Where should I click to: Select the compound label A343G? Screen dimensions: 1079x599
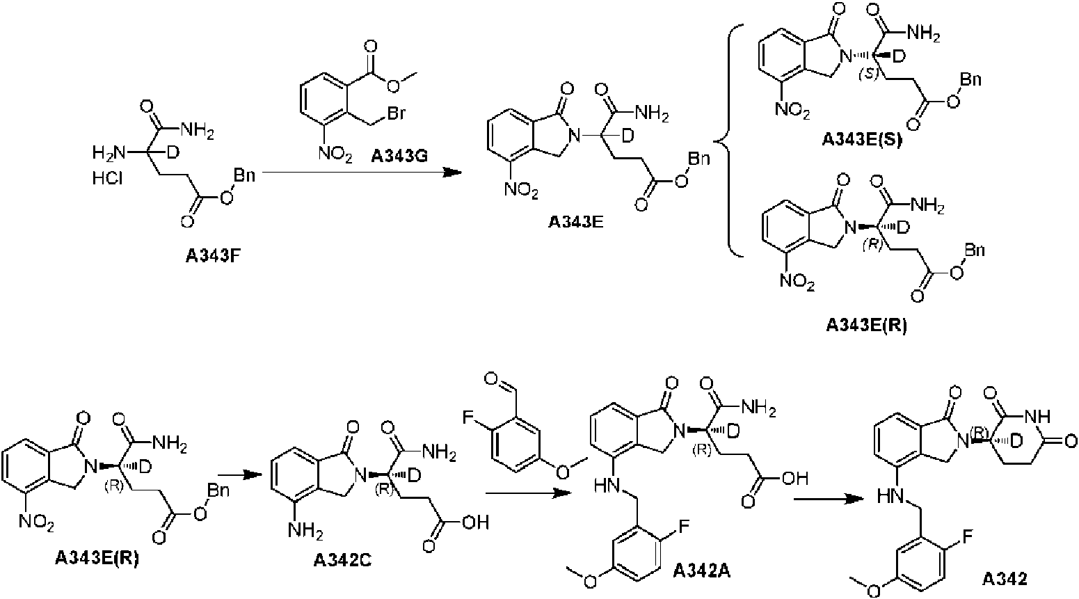pos(399,156)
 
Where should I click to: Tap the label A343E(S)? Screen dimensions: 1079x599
pos(862,140)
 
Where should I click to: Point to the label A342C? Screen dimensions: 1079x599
pos(342,561)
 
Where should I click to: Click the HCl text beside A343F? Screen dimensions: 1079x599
pos(107,179)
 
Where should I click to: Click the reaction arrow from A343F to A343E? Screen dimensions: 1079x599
pos(362,172)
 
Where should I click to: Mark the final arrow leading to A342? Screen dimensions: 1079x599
pos(828,499)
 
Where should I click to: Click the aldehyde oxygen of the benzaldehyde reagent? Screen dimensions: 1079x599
pos(491,378)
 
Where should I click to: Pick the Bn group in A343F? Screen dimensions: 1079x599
pos(244,175)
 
